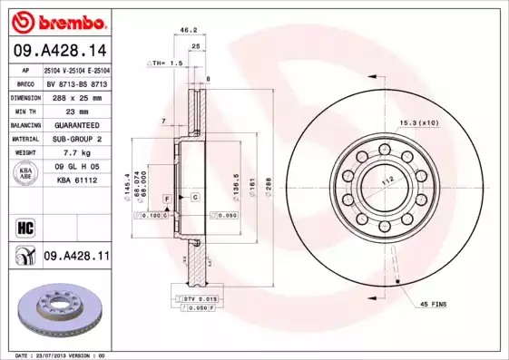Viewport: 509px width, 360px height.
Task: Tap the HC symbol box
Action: tap(24, 227)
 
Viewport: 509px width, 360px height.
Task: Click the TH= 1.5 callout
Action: tap(165, 64)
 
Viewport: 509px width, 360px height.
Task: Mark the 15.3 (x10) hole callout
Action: tap(418, 122)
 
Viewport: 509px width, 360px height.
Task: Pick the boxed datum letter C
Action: tap(195, 197)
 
